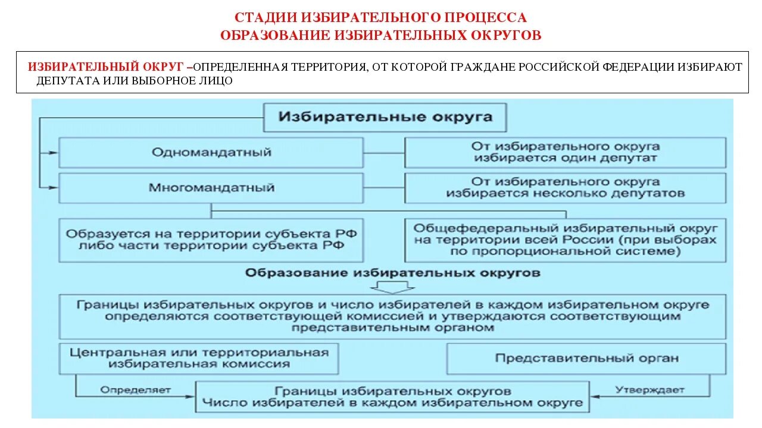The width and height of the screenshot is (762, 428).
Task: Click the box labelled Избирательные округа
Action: [386, 117]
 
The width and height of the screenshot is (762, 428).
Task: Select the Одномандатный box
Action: [211, 152]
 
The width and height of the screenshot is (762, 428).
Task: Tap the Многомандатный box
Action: [211, 188]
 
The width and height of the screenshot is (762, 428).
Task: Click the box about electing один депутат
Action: [565, 152]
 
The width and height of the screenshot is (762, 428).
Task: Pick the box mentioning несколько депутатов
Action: [565, 188]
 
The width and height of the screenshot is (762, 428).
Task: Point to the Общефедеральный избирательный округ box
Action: [565, 240]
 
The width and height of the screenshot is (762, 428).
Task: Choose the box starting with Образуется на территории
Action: [211, 240]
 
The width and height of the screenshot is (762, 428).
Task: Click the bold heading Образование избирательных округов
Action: [393, 273]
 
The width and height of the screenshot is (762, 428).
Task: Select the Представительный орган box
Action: [586, 358]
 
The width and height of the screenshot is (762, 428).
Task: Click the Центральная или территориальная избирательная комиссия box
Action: [199, 358]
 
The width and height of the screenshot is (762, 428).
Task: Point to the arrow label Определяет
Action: [136, 390]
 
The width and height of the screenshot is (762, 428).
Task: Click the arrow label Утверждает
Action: [650, 390]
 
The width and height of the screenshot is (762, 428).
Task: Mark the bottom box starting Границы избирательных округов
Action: [393, 397]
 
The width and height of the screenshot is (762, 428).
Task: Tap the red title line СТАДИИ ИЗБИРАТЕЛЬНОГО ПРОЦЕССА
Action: [380, 18]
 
